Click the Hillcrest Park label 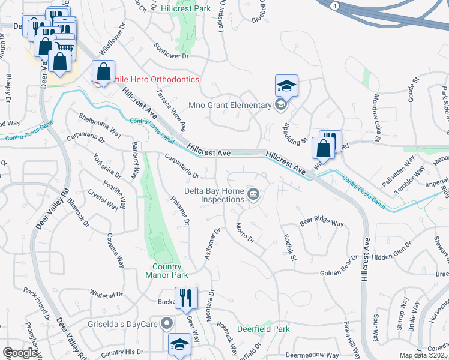tap(186, 9)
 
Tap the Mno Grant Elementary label tap(230, 106)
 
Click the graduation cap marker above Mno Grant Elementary tap(286, 86)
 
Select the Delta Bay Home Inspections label tap(214, 195)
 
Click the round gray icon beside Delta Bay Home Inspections tap(254, 194)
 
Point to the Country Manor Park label tap(167, 271)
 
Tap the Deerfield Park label tap(263, 329)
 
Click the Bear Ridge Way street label tap(322, 222)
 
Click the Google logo tap(20, 353)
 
